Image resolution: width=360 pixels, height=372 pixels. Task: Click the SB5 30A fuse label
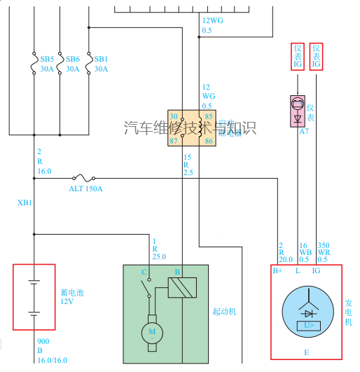tap(47, 64)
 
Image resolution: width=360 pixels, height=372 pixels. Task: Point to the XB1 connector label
tap(25, 203)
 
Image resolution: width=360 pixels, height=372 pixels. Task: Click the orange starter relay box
tap(191, 128)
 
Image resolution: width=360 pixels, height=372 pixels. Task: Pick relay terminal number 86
tap(208, 142)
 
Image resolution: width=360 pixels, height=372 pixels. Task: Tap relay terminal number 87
tap(174, 142)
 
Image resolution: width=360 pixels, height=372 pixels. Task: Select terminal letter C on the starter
tap(144, 271)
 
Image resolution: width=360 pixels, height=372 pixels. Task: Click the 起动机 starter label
tap(224, 311)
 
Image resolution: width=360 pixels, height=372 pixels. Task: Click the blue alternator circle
tap(307, 312)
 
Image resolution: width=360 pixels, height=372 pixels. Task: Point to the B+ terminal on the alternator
tap(277, 270)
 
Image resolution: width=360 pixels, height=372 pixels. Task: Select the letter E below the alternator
tap(306, 352)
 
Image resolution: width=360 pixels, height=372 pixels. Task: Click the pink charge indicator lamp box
tap(298, 111)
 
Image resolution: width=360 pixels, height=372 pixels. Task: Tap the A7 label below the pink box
tap(303, 132)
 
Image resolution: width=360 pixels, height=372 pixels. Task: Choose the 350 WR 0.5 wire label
tap(323, 252)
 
